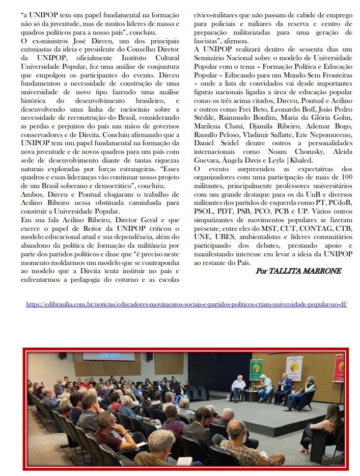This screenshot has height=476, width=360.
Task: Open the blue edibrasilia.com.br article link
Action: pyautogui.click(x=186, y=304)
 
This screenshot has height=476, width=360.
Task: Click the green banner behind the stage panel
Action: pyautogui.click(x=256, y=370)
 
